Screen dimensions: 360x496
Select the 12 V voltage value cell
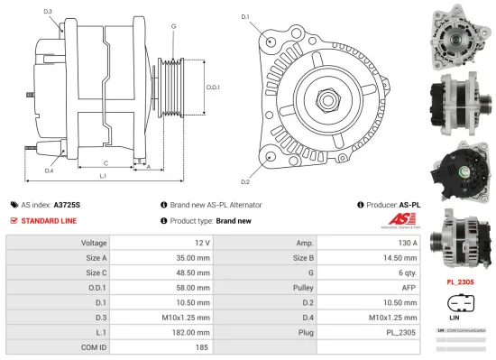point(201,243)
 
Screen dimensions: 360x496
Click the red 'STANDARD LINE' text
point(49,220)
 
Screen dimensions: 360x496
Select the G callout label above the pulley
point(173,26)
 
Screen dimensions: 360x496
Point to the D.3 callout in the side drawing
point(47,12)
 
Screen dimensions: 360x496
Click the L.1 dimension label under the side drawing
point(101,177)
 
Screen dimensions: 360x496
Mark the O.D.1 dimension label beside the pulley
point(213,87)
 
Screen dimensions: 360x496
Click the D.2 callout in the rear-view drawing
point(245,157)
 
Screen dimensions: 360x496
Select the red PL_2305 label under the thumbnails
point(460,282)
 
